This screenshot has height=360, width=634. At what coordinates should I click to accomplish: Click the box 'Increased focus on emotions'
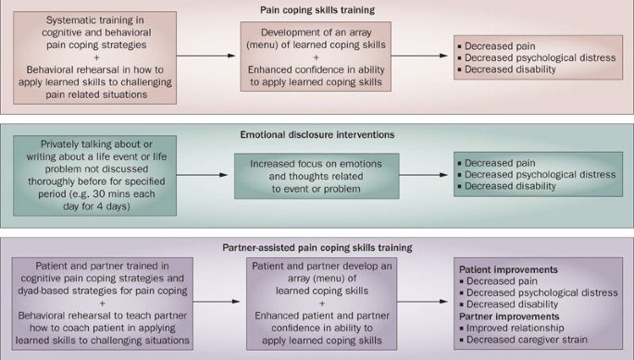314,173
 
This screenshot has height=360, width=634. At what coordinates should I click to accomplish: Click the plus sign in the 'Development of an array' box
314,56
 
